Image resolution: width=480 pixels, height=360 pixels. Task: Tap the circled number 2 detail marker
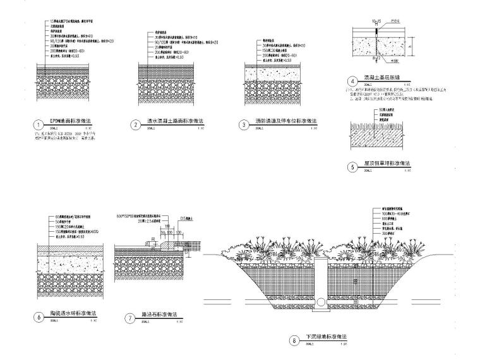[x=135, y=124]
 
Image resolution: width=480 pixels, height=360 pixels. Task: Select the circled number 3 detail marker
[x=244, y=124]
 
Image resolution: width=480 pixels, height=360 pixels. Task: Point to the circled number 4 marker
[x=352, y=81]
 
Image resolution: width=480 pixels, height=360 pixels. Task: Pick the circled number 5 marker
[x=352, y=167]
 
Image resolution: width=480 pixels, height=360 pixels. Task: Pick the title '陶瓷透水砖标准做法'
[x=71, y=315]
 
